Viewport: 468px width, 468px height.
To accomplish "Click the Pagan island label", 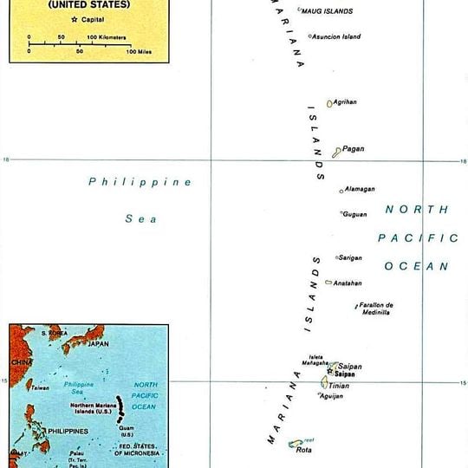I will pyautogui.click(x=354, y=149).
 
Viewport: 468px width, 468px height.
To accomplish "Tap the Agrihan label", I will pyautogui.click(x=345, y=102).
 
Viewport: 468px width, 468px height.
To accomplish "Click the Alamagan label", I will pyautogui.click(x=360, y=189).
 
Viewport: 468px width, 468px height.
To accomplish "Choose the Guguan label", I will pyautogui.click(x=355, y=214).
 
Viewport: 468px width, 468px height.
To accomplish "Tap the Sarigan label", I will pyautogui.click(x=351, y=257).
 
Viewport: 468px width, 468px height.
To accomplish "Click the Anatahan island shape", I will pyautogui.click(x=328, y=283).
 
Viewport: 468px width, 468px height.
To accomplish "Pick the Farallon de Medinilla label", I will pyautogui.click(x=376, y=309).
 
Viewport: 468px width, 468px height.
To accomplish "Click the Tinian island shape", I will pyautogui.click(x=324, y=382).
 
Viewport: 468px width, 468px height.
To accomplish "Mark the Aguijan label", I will pyautogui.click(x=331, y=396).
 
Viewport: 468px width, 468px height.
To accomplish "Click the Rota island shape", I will pyautogui.click(x=295, y=444).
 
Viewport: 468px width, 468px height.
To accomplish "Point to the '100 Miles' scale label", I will pyautogui.click(x=139, y=52).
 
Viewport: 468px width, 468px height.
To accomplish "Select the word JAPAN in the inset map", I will pyautogui.click(x=98, y=343).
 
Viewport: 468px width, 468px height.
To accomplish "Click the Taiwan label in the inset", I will pyautogui.click(x=41, y=387).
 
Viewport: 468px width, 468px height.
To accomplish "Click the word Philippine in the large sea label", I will pyautogui.click(x=140, y=182).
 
